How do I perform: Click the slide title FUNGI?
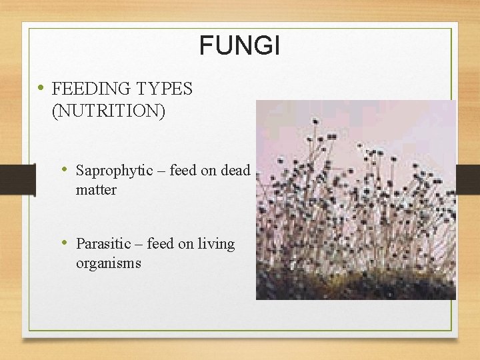coord(240,46)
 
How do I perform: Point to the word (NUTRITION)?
coord(108,110)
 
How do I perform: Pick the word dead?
coord(235,171)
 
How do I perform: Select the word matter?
coord(96,190)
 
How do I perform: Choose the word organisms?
coord(108,263)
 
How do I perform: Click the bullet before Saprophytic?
coord(65,170)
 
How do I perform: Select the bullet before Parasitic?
coord(65,243)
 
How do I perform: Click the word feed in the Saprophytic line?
coord(183,171)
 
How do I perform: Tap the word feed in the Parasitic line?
coord(160,244)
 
